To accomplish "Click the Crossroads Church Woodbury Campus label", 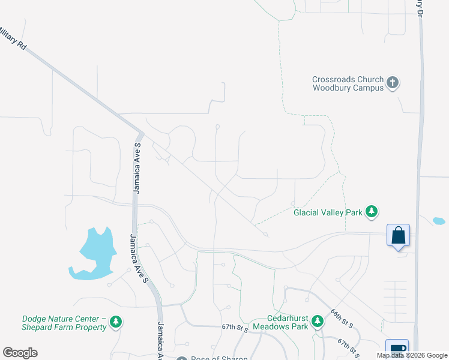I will (x=347, y=83).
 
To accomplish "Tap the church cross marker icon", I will (x=393, y=83).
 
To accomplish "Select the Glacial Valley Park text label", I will (x=328, y=212).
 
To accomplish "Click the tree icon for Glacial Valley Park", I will (x=372, y=211).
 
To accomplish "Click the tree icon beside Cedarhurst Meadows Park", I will (x=317, y=323).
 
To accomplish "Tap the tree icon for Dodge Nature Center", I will (x=116, y=323).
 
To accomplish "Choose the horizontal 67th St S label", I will (x=235, y=328).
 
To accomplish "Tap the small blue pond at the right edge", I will (x=439, y=221).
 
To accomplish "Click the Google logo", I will (x=20, y=353).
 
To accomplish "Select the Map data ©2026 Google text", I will (x=412, y=355).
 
